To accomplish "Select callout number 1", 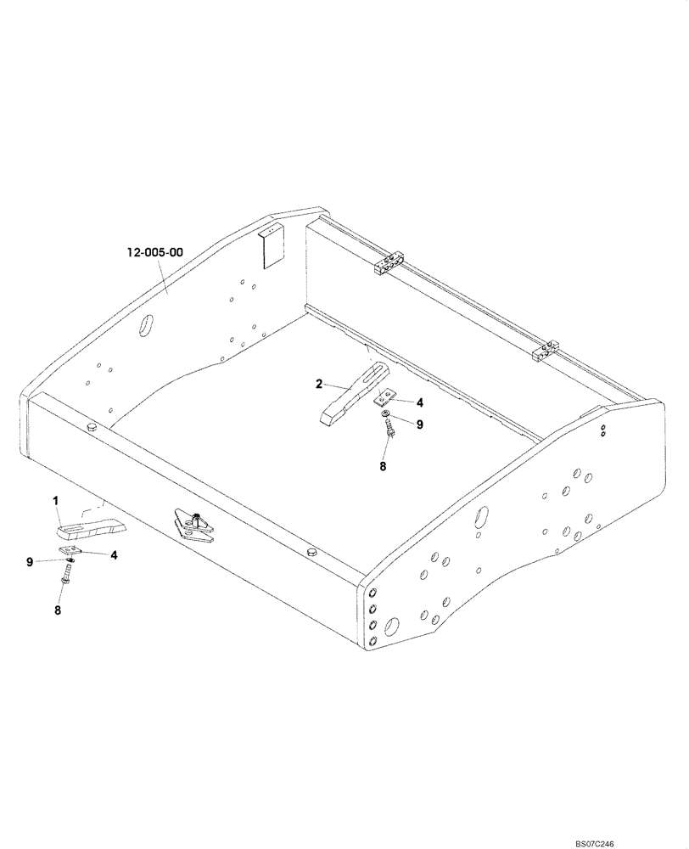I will (57, 502).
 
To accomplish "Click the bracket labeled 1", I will (90, 531).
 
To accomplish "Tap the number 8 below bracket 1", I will (59, 609).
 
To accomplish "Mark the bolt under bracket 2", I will (389, 433).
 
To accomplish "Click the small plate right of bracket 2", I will (387, 397).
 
